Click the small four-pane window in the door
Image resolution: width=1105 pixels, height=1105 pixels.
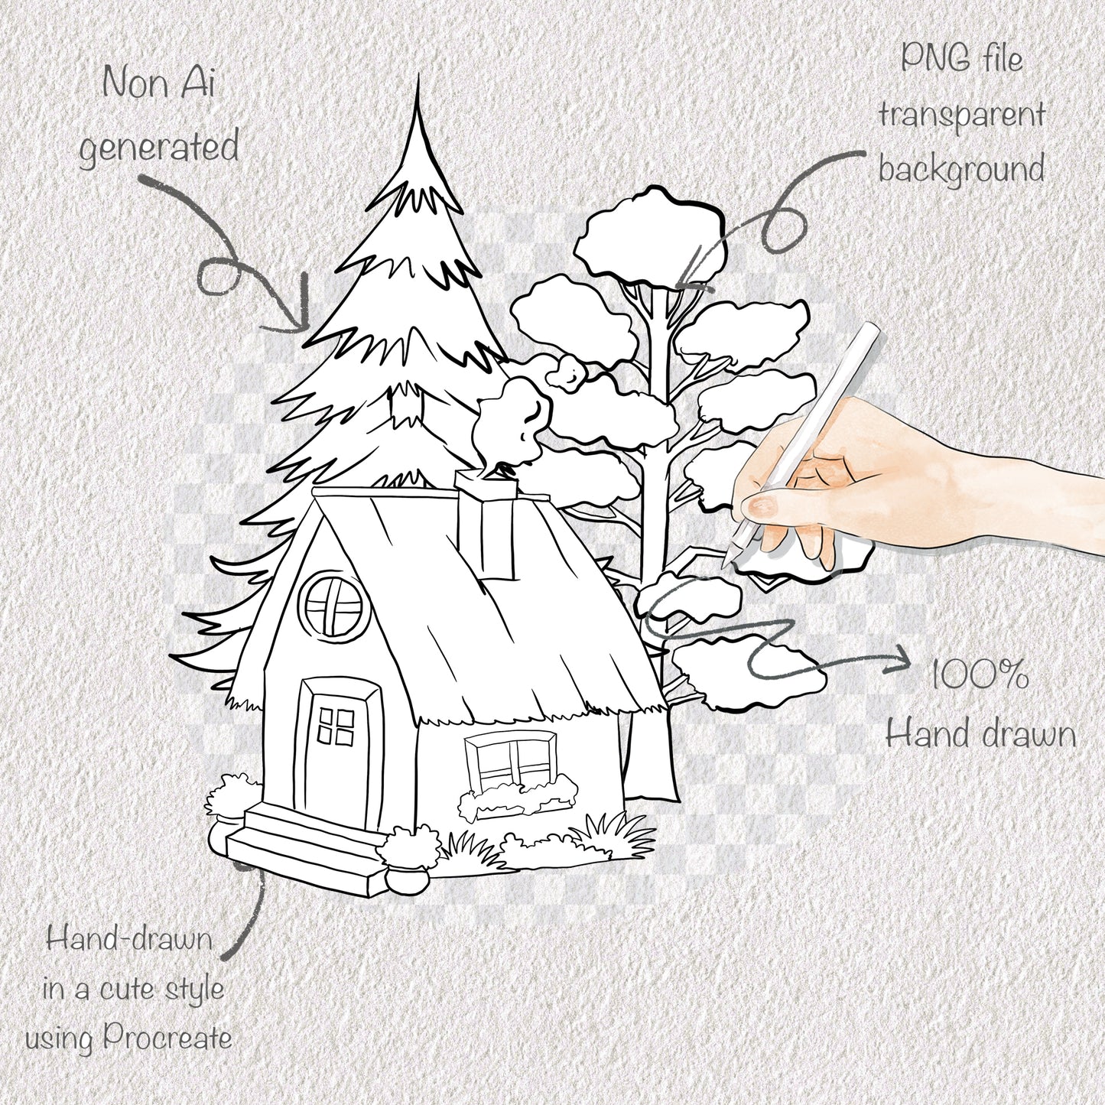click(336, 726)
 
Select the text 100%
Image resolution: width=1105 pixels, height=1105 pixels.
click(979, 675)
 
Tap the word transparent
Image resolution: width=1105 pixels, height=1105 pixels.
click(961, 115)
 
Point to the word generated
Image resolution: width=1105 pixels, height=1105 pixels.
click(159, 148)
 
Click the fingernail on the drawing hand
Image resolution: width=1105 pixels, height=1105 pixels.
click(758, 505)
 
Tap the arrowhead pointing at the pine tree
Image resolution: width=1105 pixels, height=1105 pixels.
click(302, 321)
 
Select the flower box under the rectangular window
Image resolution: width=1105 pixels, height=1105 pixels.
click(517, 798)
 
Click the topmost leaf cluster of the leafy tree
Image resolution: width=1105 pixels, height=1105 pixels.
click(649, 233)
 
